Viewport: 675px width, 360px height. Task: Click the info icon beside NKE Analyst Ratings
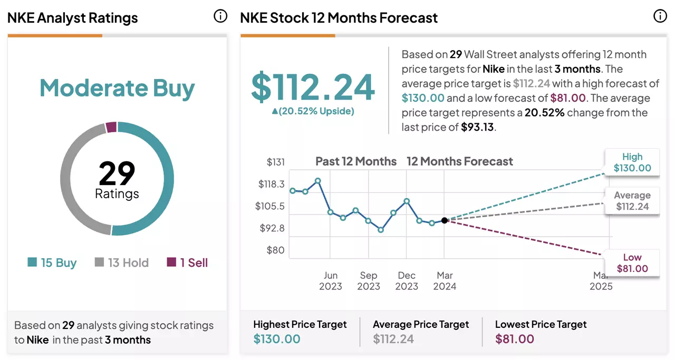click(x=220, y=16)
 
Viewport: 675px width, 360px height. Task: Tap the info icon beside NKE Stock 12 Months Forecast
click(x=660, y=16)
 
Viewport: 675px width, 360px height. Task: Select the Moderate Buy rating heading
click(x=117, y=88)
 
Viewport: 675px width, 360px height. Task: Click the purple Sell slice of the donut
click(x=111, y=127)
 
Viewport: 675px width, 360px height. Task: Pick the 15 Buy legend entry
click(x=52, y=262)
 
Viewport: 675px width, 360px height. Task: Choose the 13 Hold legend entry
click(x=121, y=262)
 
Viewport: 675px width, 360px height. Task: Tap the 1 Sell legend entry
click(x=187, y=262)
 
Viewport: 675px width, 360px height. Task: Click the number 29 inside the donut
click(x=117, y=173)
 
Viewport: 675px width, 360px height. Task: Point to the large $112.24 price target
click(x=313, y=87)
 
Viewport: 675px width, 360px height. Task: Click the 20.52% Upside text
click(x=313, y=111)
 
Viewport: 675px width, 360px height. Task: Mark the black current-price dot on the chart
click(x=444, y=220)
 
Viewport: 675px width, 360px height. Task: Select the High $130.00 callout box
click(x=632, y=162)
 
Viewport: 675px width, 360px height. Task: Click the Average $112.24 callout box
click(x=632, y=201)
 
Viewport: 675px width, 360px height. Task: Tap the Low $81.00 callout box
click(x=632, y=263)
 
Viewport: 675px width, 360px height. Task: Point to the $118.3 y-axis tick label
click(x=271, y=184)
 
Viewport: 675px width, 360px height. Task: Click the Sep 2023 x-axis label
click(x=369, y=281)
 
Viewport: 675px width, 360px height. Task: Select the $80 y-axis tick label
click(x=275, y=250)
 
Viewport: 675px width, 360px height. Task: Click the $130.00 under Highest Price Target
click(x=277, y=339)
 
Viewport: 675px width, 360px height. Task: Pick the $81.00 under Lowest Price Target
click(x=515, y=339)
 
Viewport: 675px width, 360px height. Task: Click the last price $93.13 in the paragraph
click(x=477, y=127)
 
